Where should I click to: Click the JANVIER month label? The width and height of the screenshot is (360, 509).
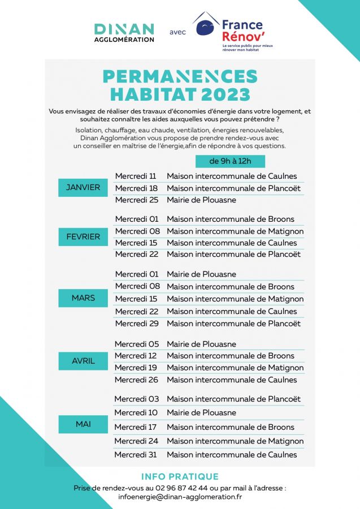click(x=83, y=187)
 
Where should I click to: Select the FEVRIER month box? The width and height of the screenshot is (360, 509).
click(x=83, y=236)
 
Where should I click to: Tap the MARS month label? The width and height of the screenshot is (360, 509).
click(x=83, y=297)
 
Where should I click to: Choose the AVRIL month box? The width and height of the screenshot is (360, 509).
click(x=83, y=361)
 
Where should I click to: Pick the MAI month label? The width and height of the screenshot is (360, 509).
click(x=83, y=424)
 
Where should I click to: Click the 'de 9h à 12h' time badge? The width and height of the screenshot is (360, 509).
click(x=230, y=161)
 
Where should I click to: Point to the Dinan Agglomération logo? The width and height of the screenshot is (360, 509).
click(x=124, y=32)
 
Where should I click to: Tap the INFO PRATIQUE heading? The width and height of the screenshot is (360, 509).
click(x=180, y=477)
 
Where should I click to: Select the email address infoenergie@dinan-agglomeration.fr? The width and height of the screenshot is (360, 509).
click(x=180, y=497)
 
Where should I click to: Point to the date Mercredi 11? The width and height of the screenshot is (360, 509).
click(x=136, y=176)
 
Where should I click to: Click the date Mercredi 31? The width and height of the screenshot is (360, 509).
click(x=136, y=454)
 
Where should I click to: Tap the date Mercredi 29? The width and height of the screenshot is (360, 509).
click(x=136, y=323)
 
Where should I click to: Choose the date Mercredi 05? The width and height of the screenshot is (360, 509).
click(x=136, y=344)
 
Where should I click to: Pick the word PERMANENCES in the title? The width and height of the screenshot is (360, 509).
click(x=180, y=76)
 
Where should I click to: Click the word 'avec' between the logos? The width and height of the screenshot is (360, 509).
click(x=177, y=32)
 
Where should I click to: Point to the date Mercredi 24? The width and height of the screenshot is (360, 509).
click(x=136, y=441)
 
